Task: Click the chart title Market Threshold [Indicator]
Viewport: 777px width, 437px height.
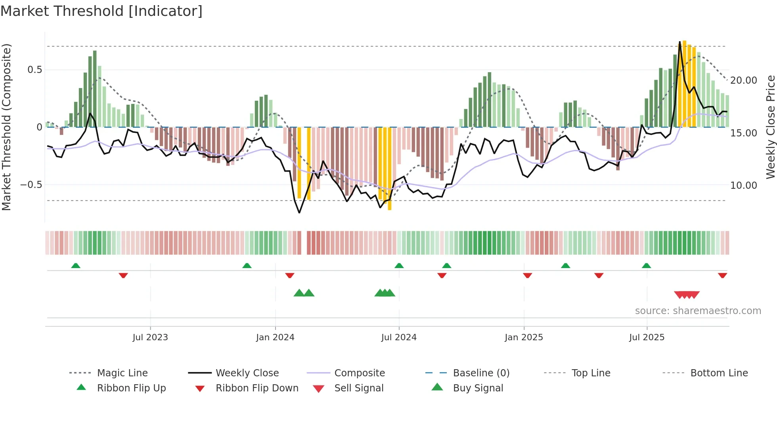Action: point(101,11)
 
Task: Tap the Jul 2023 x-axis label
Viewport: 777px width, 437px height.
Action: point(150,337)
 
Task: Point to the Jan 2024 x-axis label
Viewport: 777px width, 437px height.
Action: point(275,337)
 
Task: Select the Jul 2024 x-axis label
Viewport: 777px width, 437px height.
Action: point(399,337)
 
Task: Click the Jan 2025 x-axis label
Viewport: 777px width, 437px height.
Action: point(524,337)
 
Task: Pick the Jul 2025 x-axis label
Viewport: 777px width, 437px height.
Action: point(647,337)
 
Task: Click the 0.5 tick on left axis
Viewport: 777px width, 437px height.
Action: point(34,70)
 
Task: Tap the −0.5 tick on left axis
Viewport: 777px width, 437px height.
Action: point(31,185)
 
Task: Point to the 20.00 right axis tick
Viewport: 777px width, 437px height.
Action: point(744,80)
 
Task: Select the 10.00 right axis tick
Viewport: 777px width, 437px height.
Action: point(744,186)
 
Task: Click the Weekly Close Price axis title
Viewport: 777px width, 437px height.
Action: point(770,127)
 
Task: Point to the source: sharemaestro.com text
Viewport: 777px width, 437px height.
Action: point(698,311)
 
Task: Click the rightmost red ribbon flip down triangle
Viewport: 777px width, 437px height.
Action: point(722,275)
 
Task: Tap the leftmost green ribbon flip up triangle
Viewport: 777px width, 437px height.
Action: point(76,266)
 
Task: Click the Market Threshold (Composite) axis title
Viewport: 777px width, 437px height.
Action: point(6,127)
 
